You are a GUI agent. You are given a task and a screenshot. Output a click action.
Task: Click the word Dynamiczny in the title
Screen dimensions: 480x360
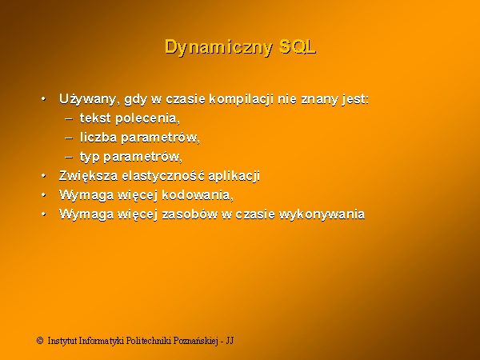tap(218, 47)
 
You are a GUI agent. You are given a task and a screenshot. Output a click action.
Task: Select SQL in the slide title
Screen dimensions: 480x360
tap(298, 46)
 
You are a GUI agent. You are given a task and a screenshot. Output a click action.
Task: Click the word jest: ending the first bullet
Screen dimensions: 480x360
tap(355, 99)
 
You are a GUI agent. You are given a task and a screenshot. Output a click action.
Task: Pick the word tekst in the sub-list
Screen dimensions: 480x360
tap(95, 118)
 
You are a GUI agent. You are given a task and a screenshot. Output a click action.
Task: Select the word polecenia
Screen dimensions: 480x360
tap(147, 118)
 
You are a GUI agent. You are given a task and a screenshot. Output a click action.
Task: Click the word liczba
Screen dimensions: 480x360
tap(98, 137)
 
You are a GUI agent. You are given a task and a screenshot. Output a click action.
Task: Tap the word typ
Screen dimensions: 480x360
tap(90, 157)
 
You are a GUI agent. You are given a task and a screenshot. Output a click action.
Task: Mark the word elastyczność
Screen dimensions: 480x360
tap(163, 176)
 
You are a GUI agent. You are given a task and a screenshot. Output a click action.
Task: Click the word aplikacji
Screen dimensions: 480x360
tap(234, 176)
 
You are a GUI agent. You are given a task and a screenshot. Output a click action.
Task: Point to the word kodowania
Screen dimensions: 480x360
tap(198, 195)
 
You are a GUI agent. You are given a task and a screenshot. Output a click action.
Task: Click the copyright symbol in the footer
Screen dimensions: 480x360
tap(40, 341)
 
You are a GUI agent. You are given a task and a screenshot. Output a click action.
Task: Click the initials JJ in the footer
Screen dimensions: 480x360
tap(230, 341)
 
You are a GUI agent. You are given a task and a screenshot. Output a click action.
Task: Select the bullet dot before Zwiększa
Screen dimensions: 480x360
tap(44, 176)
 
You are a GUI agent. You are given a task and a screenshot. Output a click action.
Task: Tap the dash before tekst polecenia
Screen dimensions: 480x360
tap(69, 118)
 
